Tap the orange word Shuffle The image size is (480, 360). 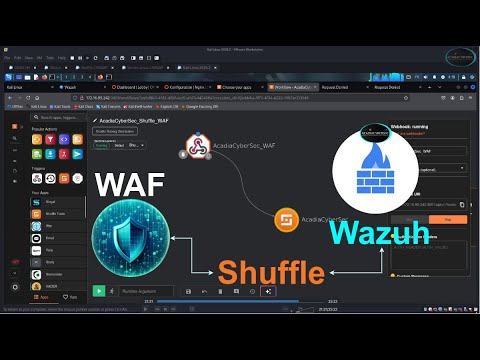(x=272, y=272)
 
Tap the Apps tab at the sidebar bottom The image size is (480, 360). (x=41, y=297)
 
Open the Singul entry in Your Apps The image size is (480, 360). (x=52, y=201)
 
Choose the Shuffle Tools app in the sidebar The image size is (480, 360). (x=56, y=212)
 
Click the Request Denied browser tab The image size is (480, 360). (x=337, y=86)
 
